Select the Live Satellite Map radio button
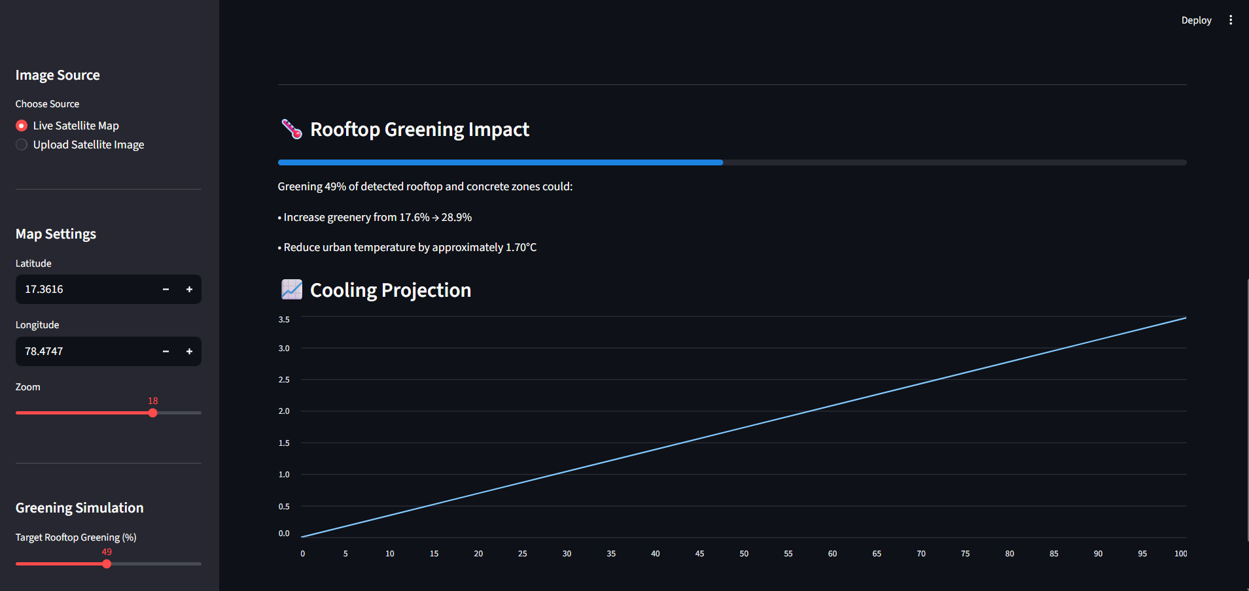tap(22, 126)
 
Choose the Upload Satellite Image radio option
tap(22, 144)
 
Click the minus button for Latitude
tap(166, 289)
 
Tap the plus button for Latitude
tap(189, 289)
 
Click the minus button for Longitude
tap(166, 351)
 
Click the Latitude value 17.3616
tap(44, 289)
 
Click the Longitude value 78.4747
tap(44, 351)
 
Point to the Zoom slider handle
tap(153, 413)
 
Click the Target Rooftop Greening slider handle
tap(107, 564)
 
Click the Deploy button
tap(1196, 20)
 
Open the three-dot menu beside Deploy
tap(1231, 20)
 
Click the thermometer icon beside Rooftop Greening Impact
tap(292, 129)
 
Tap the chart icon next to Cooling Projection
tap(292, 289)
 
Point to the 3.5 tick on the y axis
tap(284, 320)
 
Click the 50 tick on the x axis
tap(744, 554)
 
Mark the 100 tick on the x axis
tap(1180, 554)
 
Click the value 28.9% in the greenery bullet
tap(457, 217)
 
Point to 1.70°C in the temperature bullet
tap(521, 247)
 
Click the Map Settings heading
tap(56, 234)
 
